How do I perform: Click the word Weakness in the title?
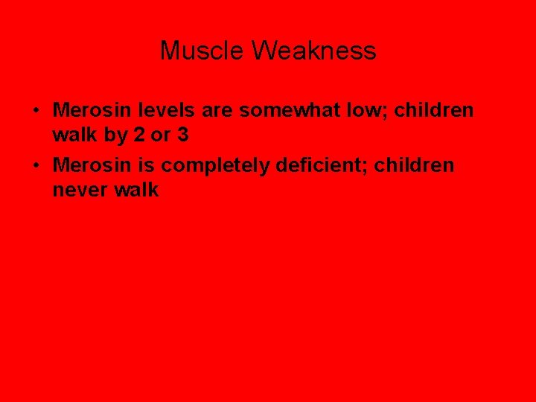pyautogui.click(x=313, y=51)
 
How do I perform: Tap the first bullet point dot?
pyautogui.click(x=36, y=111)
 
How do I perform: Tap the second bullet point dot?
pyautogui.click(x=36, y=165)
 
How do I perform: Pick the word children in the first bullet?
pyautogui.click(x=434, y=110)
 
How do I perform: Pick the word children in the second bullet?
pyautogui.click(x=414, y=164)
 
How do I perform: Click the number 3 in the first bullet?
pyautogui.click(x=182, y=136)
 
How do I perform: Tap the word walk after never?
pyautogui.click(x=136, y=190)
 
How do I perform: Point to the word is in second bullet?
pyautogui.click(x=142, y=164)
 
